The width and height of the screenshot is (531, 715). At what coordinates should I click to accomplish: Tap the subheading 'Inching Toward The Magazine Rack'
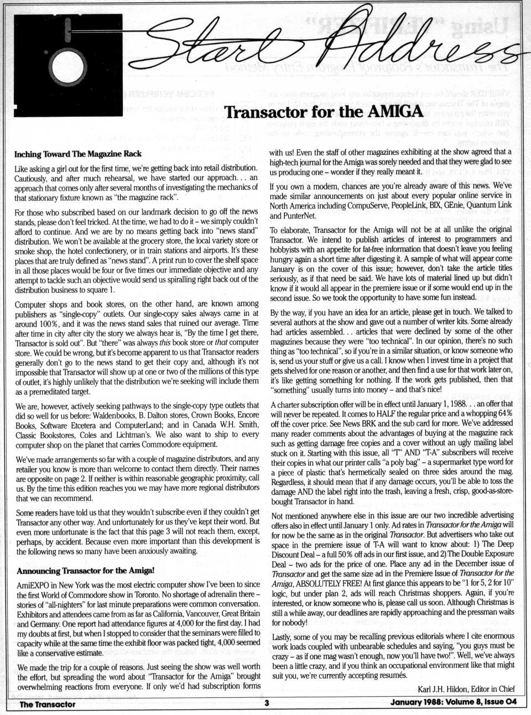coord(78,154)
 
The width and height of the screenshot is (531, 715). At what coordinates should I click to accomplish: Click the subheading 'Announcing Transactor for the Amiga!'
coord(85,570)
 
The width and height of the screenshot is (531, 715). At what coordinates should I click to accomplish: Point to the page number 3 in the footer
coord(266,704)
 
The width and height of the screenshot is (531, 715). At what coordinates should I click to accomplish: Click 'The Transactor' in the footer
coord(48,704)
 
